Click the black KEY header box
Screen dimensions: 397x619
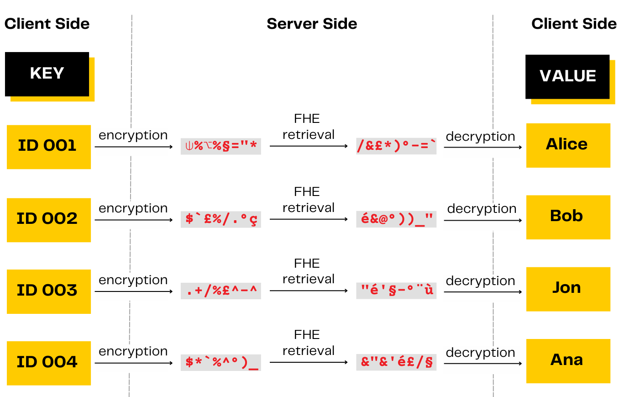tap(47, 74)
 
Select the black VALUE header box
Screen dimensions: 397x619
tap(567, 76)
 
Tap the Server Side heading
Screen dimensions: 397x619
tap(312, 24)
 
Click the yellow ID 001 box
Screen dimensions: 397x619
tap(48, 147)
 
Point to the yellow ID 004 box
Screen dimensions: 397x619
tap(48, 363)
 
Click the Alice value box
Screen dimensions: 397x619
tap(568, 145)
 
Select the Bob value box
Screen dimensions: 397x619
tap(568, 217)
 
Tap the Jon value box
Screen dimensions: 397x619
tap(568, 289)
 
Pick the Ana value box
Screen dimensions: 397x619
tap(568, 361)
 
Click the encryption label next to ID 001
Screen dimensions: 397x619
tap(133, 136)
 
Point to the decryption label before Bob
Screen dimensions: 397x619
tap(482, 209)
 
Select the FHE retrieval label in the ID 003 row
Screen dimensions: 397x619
tap(308, 271)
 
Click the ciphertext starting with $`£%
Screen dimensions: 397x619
tap(221, 219)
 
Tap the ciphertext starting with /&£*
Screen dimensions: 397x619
tap(396, 146)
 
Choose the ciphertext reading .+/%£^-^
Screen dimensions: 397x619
tap(221, 291)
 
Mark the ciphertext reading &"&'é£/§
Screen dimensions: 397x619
tap(396, 362)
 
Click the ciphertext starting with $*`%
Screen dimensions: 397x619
tap(221, 362)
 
